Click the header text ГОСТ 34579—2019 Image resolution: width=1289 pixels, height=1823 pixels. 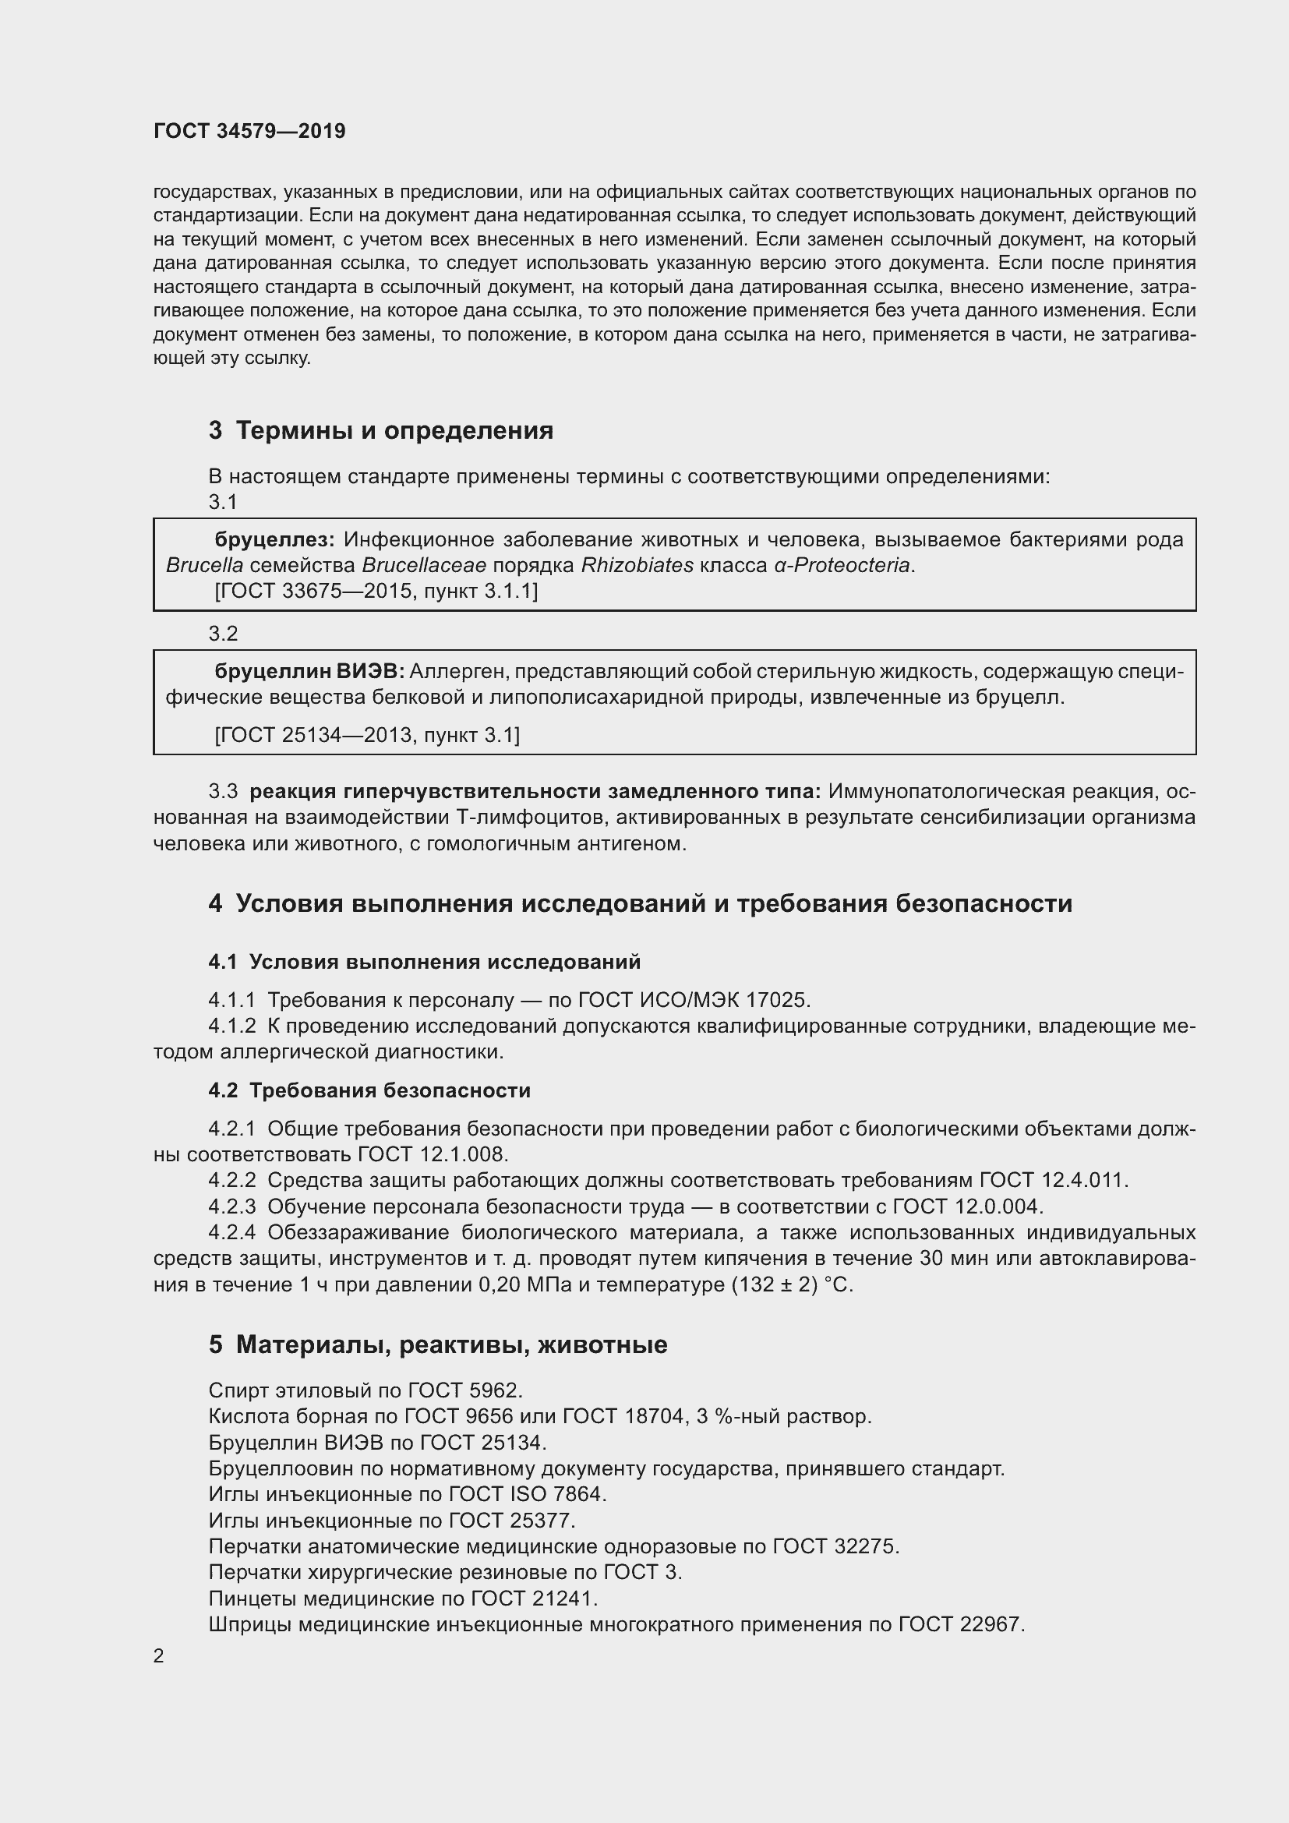249,132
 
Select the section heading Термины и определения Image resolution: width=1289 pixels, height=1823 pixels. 394,430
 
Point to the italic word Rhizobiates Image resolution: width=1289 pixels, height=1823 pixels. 637,565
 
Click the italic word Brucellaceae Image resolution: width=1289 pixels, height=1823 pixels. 425,565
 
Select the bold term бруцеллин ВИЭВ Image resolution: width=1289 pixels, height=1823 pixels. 309,672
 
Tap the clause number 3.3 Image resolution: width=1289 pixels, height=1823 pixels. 223,792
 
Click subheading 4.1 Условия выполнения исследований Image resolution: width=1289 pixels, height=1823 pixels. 425,963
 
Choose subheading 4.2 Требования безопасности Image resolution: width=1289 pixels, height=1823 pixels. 370,1090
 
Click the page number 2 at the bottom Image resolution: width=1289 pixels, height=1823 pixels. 159,1656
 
